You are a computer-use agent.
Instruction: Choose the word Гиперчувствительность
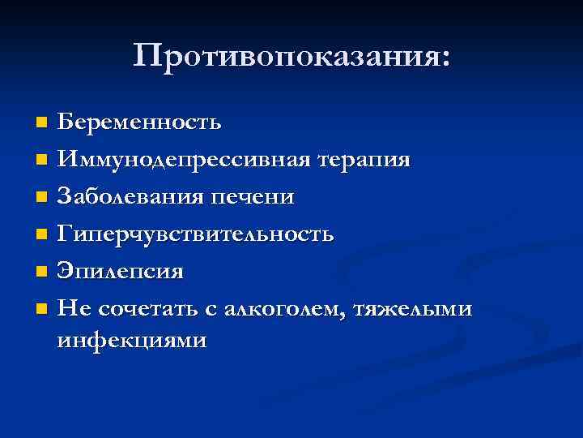pos(195,234)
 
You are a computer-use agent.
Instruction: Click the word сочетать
pos(147,309)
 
